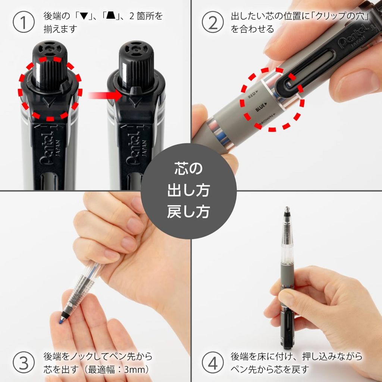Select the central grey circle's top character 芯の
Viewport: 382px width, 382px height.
tap(188, 169)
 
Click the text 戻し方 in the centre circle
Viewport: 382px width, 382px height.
tap(188, 212)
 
